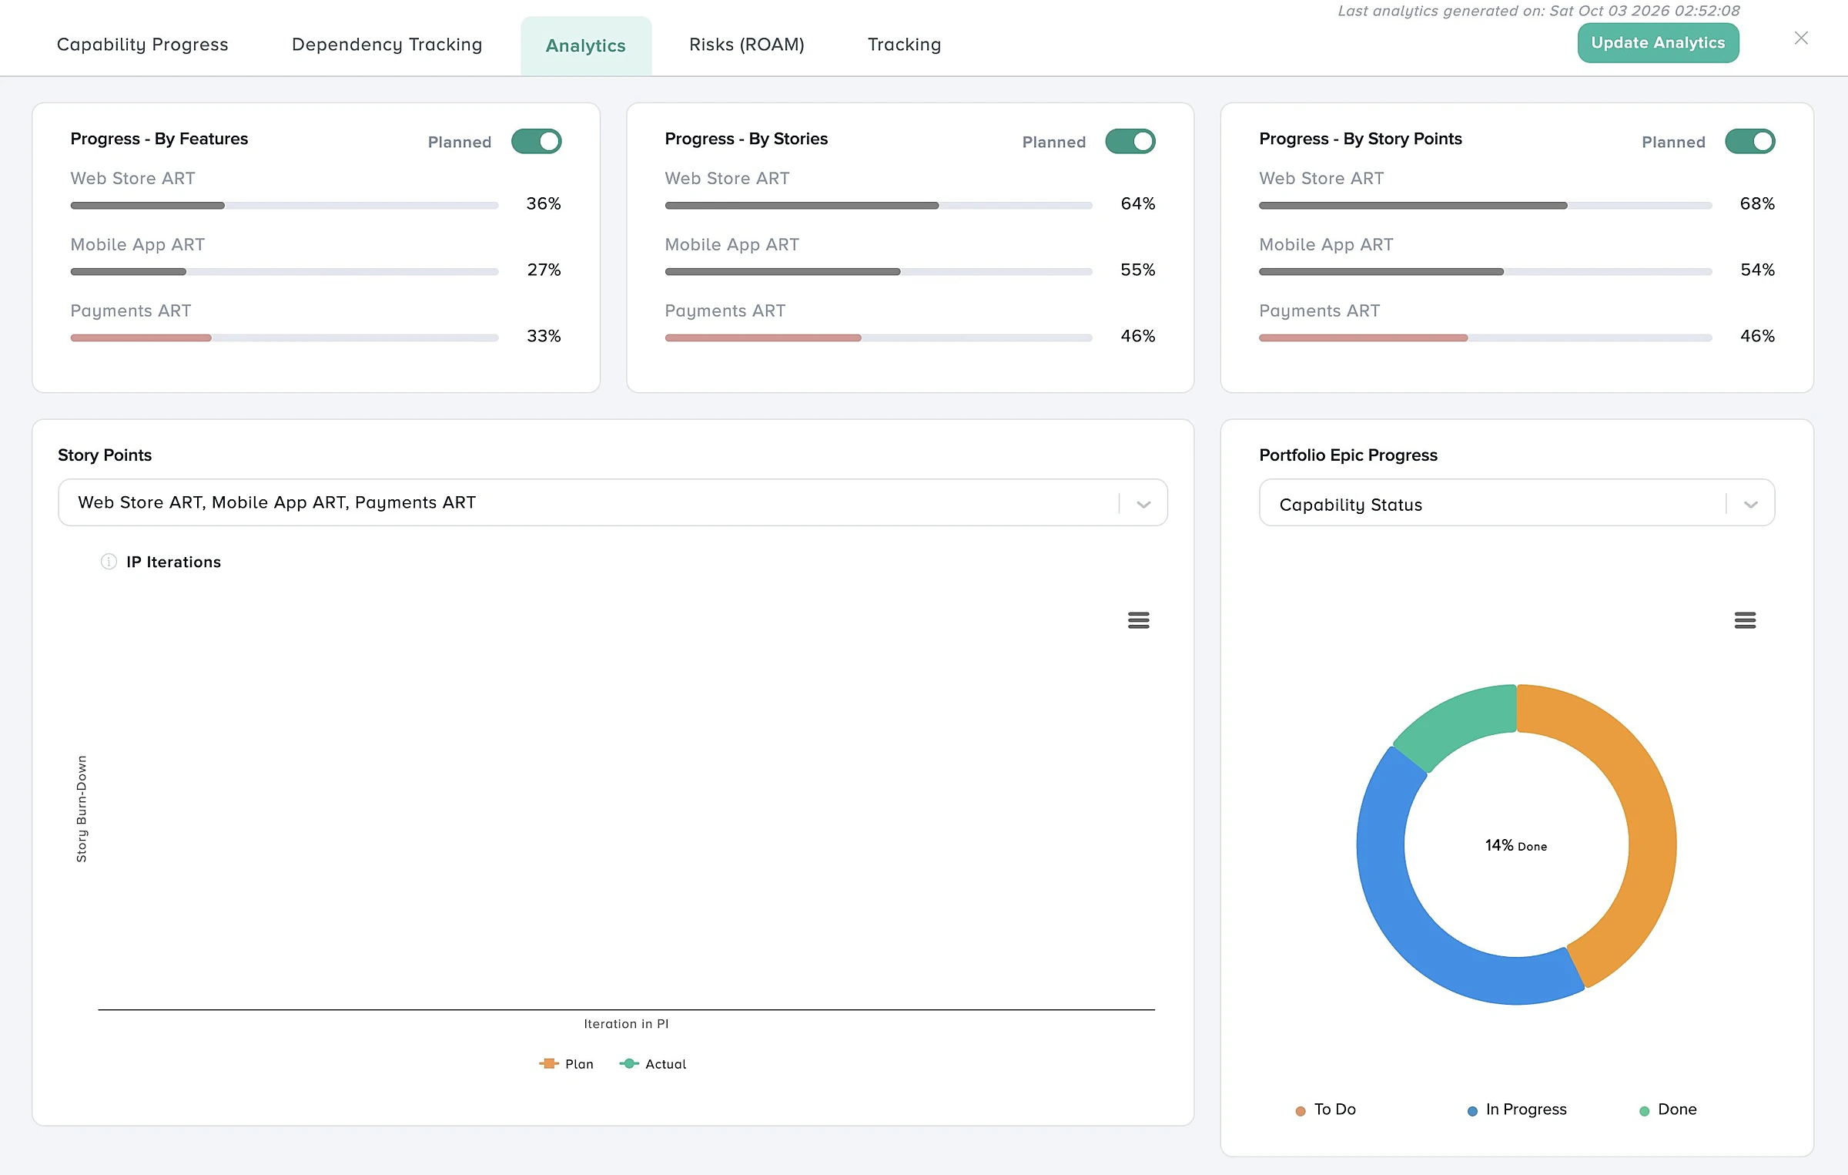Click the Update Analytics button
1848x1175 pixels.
point(1658,43)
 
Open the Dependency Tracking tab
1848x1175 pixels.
point(387,45)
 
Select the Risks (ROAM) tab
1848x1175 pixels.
point(746,45)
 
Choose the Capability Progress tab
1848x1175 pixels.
point(142,45)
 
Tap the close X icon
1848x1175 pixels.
point(1801,39)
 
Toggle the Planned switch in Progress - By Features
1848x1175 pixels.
point(537,142)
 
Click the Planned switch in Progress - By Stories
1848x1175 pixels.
point(1130,142)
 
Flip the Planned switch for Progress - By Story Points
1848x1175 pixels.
point(1750,142)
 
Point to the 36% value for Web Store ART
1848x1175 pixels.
point(544,203)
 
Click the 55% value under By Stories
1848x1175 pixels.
point(1138,270)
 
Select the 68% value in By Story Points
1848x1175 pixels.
point(1757,203)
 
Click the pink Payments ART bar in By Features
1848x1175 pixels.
point(141,337)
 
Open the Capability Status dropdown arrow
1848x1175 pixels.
point(1751,505)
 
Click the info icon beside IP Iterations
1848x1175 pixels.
point(109,562)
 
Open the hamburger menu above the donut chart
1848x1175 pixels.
point(1745,620)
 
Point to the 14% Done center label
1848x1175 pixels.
point(1516,845)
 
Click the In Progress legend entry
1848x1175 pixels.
point(1517,1110)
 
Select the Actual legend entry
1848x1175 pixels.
point(653,1064)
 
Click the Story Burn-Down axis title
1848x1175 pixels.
point(82,808)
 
